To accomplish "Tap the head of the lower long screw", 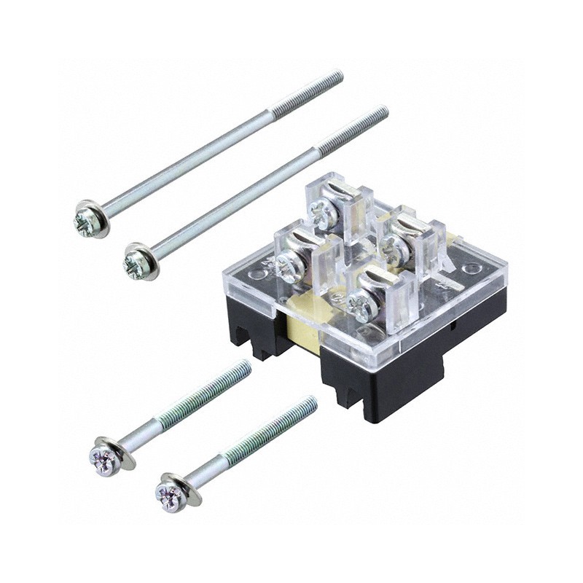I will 138,260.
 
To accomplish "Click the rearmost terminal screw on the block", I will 323,214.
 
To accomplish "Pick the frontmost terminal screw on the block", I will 361,306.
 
